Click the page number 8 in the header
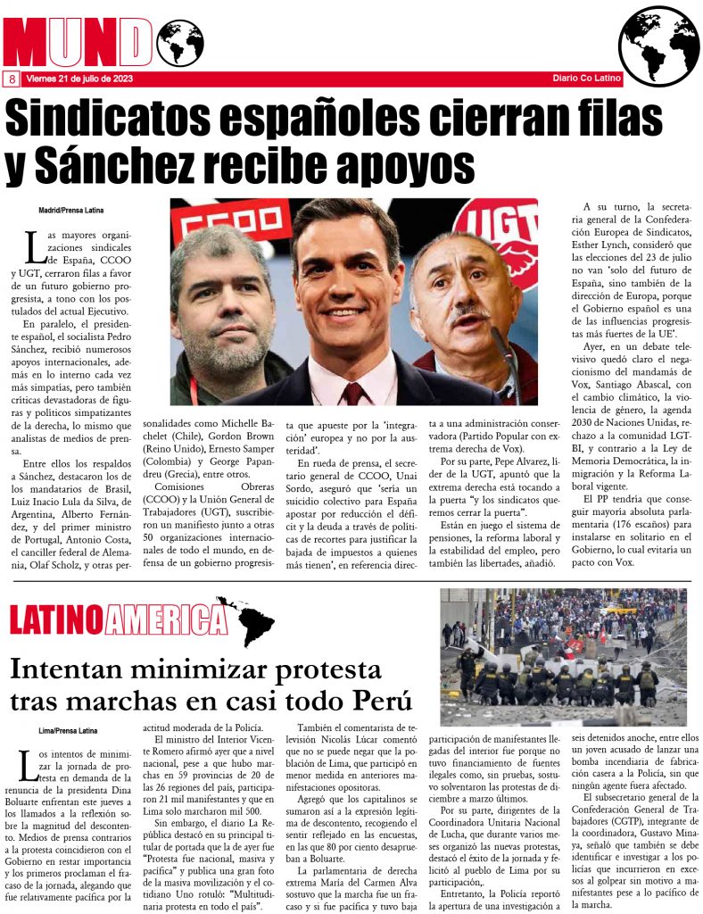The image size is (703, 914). (x=12, y=79)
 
